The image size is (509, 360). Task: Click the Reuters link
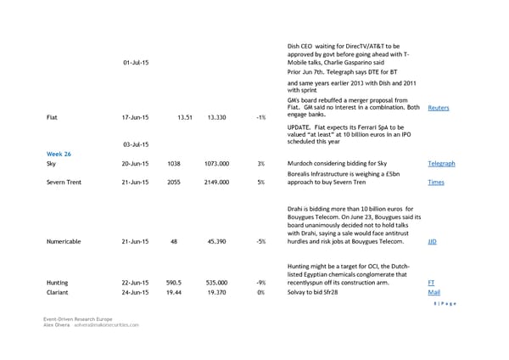click(x=439, y=108)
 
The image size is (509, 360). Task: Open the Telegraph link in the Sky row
click(x=441, y=163)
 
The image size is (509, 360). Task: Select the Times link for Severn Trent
click(x=435, y=183)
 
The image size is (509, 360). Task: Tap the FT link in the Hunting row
click(x=432, y=282)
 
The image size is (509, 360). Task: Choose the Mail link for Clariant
click(x=433, y=292)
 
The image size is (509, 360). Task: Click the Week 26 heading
click(x=59, y=153)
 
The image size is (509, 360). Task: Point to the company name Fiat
click(x=53, y=118)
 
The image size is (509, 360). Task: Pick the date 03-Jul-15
click(x=136, y=144)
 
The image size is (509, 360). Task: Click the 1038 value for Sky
click(x=175, y=163)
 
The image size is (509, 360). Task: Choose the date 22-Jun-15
click(x=136, y=282)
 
